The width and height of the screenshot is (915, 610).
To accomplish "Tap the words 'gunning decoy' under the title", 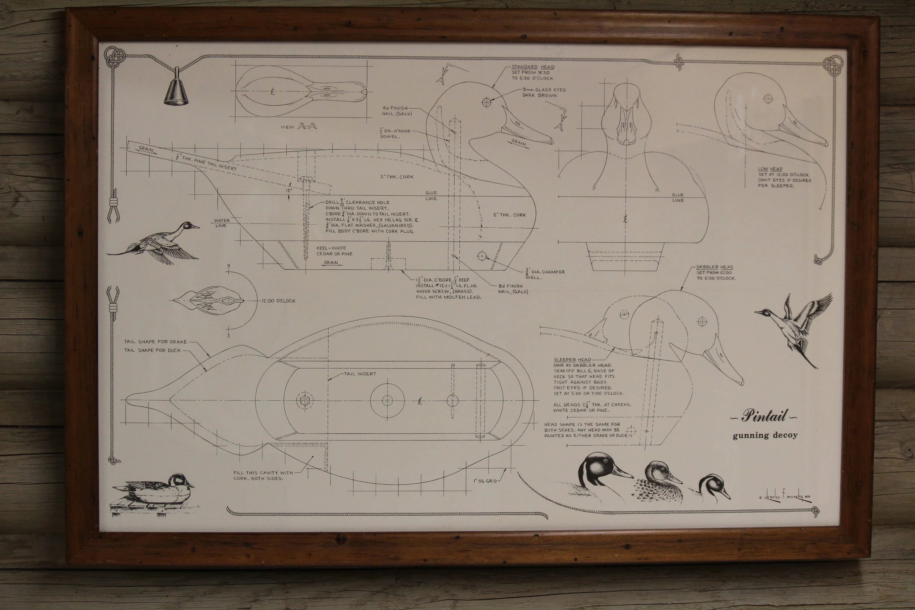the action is [x=765, y=435].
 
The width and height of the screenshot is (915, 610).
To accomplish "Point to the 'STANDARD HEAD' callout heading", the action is [x=533, y=67].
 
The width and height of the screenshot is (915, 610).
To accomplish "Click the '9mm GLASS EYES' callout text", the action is [x=544, y=90].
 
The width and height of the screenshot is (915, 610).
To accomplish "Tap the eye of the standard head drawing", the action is [x=486, y=102].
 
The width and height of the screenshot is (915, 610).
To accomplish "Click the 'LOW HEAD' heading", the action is [x=770, y=169].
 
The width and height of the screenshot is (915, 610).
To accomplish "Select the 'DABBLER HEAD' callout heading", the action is [x=715, y=267].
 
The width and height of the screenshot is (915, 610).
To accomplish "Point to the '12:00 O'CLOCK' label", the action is [x=278, y=301].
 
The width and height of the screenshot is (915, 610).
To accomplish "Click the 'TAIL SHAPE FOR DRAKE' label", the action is [x=155, y=341].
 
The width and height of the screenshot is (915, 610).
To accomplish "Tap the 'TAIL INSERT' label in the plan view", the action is [x=360, y=374].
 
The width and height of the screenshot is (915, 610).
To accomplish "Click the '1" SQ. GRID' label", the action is [x=485, y=481].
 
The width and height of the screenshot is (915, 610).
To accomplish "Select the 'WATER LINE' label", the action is [x=222, y=223].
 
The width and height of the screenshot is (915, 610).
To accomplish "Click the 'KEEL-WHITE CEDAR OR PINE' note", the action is [x=334, y=251].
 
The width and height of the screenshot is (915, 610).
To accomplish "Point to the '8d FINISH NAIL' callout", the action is [x=513, y=289].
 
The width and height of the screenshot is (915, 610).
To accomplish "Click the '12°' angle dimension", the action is [x=289, y=191].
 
